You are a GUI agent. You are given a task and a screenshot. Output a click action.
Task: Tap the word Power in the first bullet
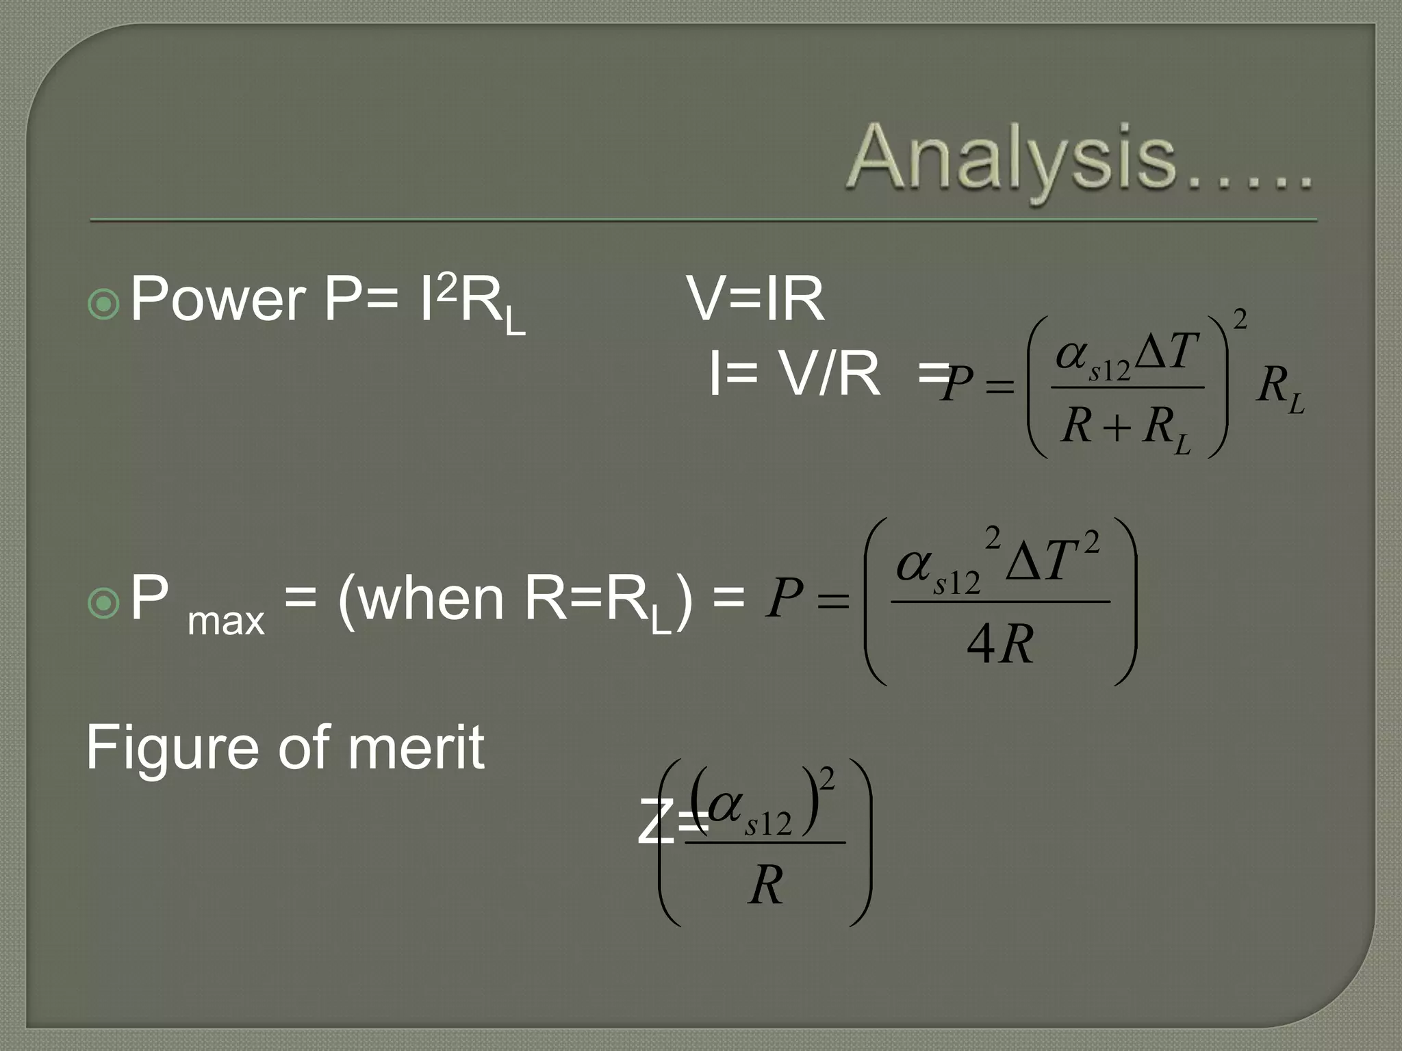218,299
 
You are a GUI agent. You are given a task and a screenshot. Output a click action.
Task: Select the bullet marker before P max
105,603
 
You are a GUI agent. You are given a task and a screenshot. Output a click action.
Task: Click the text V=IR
756,299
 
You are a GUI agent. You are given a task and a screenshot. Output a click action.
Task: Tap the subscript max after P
226,621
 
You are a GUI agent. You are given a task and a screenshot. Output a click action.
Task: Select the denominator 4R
1000,645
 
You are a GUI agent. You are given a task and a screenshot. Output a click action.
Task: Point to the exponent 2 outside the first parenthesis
1239,319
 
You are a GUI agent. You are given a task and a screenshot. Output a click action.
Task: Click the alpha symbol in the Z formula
725,807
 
